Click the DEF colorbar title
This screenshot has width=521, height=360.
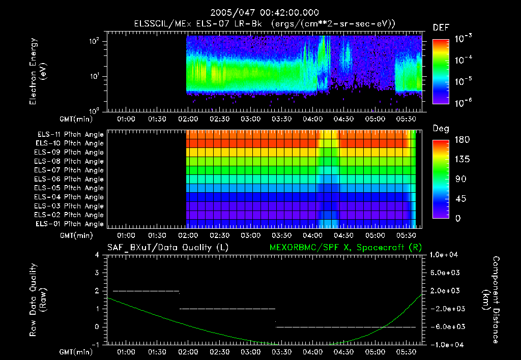point(441,28)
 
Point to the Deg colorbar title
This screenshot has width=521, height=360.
point(441,129)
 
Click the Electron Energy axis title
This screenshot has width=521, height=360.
point(38,73)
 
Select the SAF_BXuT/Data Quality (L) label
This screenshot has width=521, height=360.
point(167,248)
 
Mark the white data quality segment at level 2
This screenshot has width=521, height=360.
point(146,291)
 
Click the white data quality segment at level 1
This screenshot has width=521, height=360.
point(227,309)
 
